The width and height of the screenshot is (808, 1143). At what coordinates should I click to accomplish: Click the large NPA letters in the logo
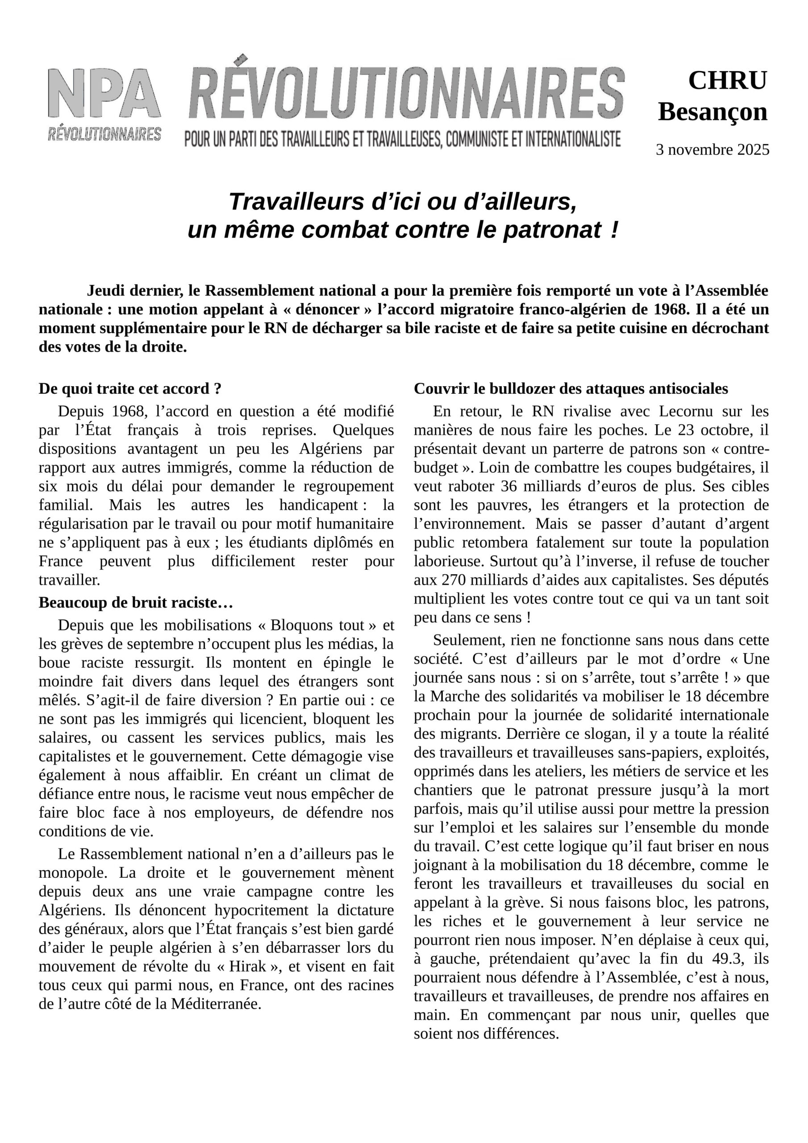(x=104, y=93)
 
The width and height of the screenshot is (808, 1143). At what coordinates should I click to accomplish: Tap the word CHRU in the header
(x=727, y=81)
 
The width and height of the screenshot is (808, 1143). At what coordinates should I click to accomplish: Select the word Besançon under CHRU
(x=712, y=112)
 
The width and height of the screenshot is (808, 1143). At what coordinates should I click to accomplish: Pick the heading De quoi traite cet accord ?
(x=130, y=389)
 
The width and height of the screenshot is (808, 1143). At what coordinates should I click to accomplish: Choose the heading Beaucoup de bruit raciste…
(x=136, y=602)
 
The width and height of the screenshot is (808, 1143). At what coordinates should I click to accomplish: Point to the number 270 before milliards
(x=452, y=580)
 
